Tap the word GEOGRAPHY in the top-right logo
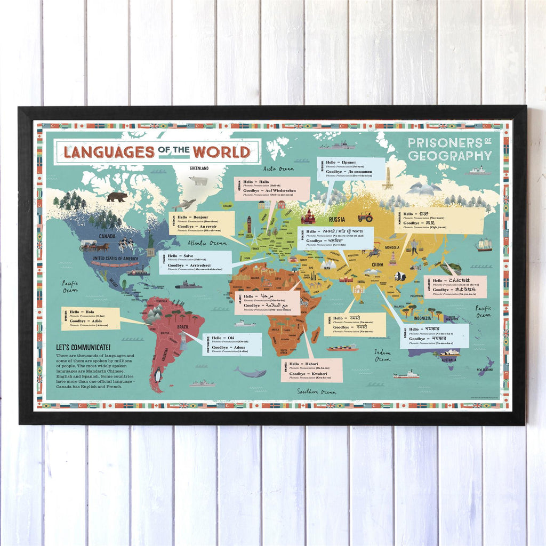449,156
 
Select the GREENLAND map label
199,168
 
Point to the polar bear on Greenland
199,181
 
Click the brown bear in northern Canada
117,197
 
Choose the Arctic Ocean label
278,168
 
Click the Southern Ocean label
317,392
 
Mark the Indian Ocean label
382,355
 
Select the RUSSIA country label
336,219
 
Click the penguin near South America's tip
157,376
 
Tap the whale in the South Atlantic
251,373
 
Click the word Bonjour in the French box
201,218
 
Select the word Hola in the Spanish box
90,312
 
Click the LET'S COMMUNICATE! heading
83,347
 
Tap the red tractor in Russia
365,216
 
